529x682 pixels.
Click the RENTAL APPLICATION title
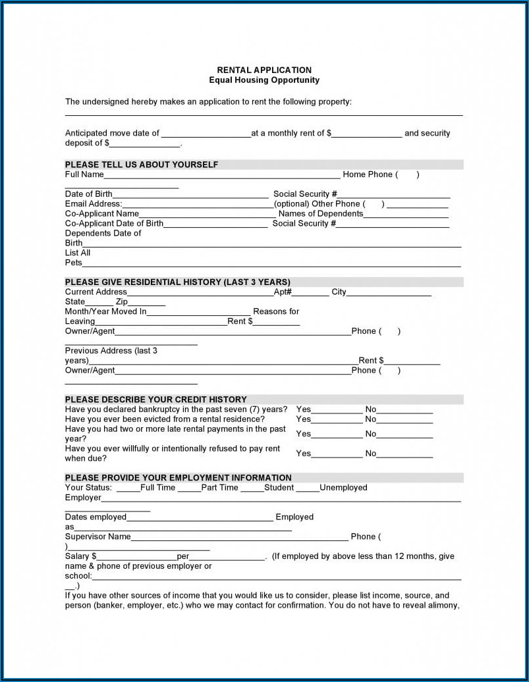264,70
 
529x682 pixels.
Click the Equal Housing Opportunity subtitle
264,80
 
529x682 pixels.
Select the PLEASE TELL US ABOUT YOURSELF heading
141,165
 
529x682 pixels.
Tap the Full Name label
84,174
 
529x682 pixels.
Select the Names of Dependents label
321,214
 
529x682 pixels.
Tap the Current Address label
96,292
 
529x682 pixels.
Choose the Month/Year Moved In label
105,311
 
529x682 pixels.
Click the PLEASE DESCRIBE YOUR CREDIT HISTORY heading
155,400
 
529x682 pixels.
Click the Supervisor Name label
97,537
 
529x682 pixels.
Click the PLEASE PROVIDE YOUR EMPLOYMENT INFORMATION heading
178,478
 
